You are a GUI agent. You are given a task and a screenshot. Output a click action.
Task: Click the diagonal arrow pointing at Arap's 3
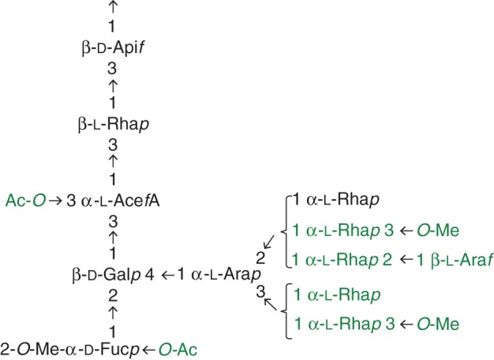click(270, 302)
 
